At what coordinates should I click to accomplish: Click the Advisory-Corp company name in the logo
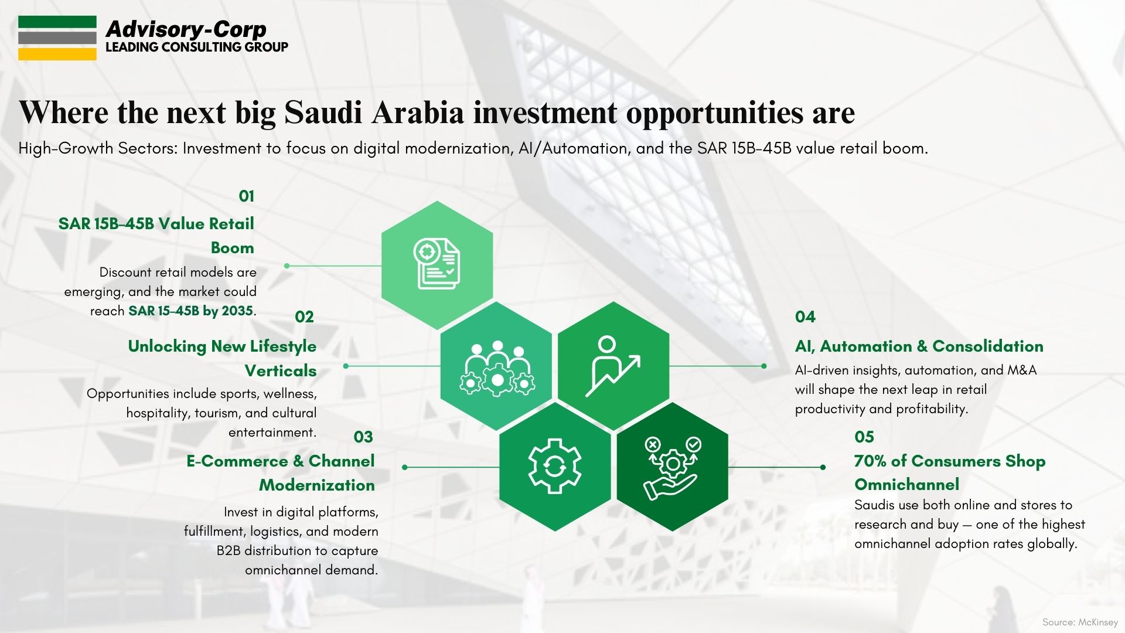click(186, 29)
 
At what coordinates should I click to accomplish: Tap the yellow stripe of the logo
click(57, 54)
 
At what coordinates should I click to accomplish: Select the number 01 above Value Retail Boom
click(246, 196)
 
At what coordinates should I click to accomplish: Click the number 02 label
click(304, 316)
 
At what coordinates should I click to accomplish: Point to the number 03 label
click(363, 437)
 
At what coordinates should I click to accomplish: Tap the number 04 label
click(805, 316)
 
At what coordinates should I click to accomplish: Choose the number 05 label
click(864, 437)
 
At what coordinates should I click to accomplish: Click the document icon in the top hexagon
click(437, 264)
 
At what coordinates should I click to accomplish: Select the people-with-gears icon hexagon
click(496, 366)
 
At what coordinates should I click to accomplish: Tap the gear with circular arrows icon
click(555, 467)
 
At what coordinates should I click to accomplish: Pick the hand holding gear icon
click(672, 468)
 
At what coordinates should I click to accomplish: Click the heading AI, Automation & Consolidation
click(919, 346)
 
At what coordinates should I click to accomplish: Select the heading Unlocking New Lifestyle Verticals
click(222, 358)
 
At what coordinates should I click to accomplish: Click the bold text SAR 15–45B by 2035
click(191, 311)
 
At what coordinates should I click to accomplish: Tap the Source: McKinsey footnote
click(1080, 622)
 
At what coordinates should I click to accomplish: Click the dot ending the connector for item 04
click(763, 366)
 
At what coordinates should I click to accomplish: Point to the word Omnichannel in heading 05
click(906, 485)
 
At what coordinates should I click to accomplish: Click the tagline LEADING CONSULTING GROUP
click(197, 47)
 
